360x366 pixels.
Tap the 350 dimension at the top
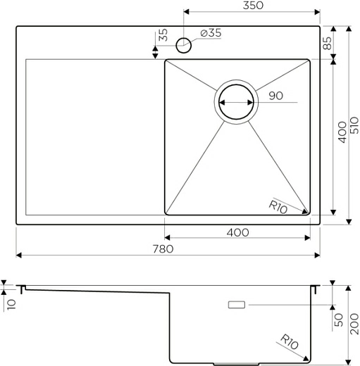click(252, 6)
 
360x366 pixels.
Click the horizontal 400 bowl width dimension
click(237, 232)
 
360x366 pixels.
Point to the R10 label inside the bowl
click(279, 206)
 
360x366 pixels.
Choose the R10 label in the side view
click(289, 343)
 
